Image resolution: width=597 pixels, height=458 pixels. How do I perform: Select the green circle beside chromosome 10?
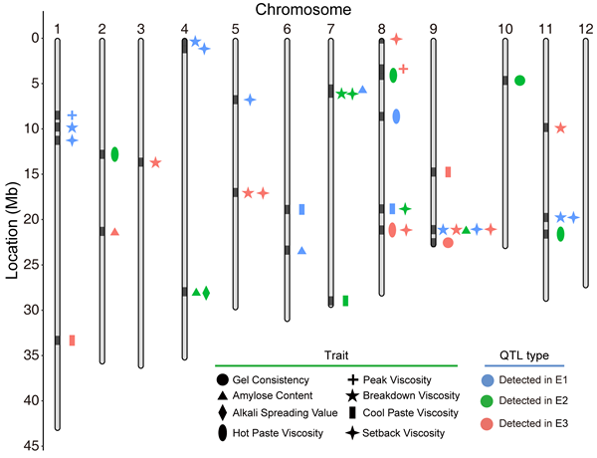click(519, 80)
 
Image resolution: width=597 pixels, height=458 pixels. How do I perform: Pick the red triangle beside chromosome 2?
click(114, 232)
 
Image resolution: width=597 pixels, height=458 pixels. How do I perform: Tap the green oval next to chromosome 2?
click(114, 154)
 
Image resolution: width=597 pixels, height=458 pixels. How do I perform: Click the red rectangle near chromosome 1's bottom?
click(72, 341)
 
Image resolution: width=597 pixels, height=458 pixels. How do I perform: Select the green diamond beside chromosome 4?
click(206, 293)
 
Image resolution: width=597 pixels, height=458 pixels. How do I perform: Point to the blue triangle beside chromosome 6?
click(301, 251)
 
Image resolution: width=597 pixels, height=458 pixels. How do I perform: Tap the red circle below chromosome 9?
click(448, 243)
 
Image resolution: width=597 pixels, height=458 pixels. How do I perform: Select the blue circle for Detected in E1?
click(510, 380)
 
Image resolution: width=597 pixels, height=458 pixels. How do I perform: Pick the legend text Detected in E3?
click(557, 423)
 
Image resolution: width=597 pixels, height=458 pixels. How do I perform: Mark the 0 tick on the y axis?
click(34, 39)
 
